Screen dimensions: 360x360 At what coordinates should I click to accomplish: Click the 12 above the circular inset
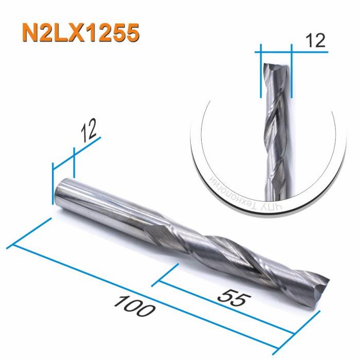[315, 40]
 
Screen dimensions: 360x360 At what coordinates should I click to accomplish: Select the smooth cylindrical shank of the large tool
[103, 203]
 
